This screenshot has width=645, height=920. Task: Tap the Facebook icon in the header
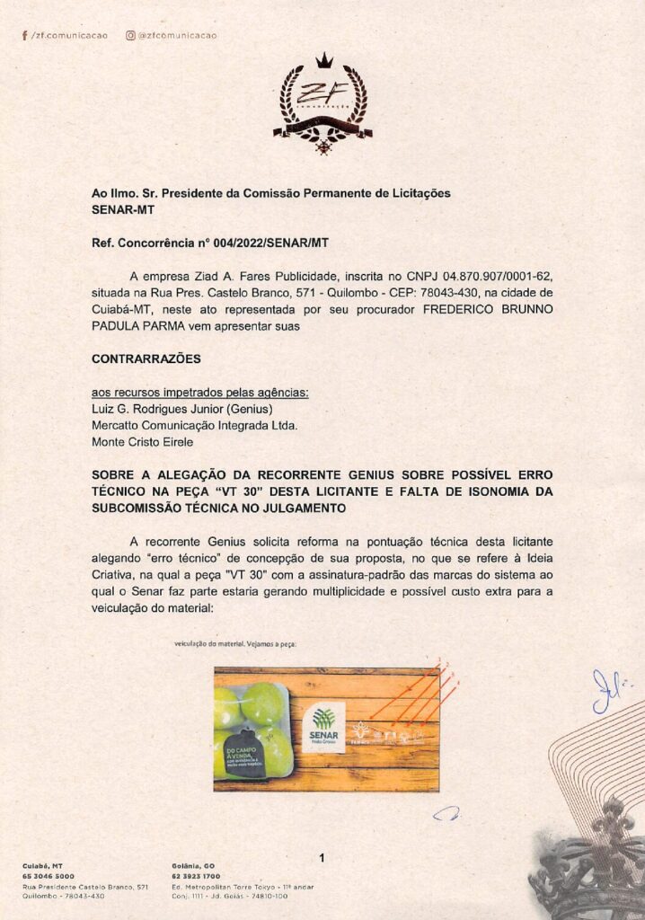(24, 36)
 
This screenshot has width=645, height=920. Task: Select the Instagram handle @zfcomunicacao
(177, 36)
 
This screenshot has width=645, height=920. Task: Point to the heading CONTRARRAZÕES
(146, 358)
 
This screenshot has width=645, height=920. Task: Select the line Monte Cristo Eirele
(142, 441)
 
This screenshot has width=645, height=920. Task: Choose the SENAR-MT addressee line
(123, 209)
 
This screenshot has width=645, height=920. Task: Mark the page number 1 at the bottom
(322, 859)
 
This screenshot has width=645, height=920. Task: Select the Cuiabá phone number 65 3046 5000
(49, 876)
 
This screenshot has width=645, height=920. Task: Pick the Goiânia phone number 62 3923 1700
(196, 876)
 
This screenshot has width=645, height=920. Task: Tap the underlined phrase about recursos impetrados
(199, 393)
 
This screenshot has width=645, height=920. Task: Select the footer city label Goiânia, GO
(191, 865)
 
